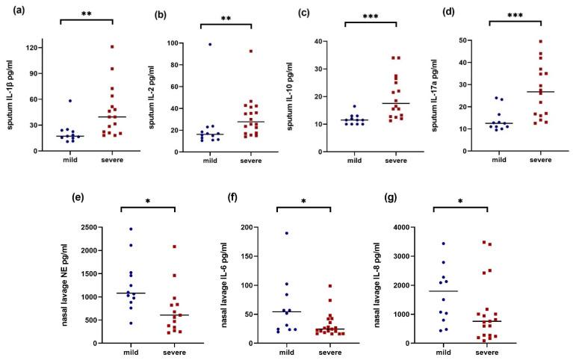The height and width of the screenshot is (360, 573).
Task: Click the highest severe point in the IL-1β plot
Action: click(112, 47)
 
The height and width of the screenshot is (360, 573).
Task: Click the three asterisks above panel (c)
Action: click(375, 15)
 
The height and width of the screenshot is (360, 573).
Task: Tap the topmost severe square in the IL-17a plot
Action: click(519, 42)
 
